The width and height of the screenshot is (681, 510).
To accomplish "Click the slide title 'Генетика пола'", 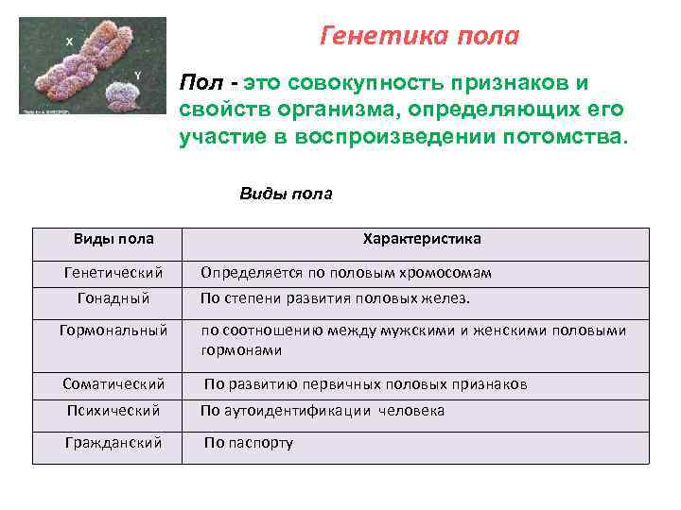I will [x=420, y=36].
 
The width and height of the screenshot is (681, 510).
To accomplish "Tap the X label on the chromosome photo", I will [x=69, y=41].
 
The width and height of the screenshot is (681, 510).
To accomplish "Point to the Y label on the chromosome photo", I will [x=138, y=74].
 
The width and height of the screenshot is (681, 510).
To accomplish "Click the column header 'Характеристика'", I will [x=422, y=239].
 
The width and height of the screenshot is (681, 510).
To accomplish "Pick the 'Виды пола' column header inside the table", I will [x=113, y=239].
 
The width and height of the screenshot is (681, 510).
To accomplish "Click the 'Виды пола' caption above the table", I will [x=286, y=194].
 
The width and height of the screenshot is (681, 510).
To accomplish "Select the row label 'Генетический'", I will [x=113, y=273].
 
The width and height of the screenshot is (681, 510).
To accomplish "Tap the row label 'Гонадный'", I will [x=113, y=298].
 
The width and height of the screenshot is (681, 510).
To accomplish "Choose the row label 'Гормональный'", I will [x=113, y=331].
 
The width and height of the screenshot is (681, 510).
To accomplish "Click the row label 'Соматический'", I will [x=113, y=384].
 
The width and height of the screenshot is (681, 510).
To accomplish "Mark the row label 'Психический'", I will [x=113, y=411].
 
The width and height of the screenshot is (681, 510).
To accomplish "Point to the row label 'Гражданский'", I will [x=113, y=442].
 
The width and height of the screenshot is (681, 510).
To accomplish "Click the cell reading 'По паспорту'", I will [x=249, y=442].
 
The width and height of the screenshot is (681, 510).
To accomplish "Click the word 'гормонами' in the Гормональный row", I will [x=241, y=349].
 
